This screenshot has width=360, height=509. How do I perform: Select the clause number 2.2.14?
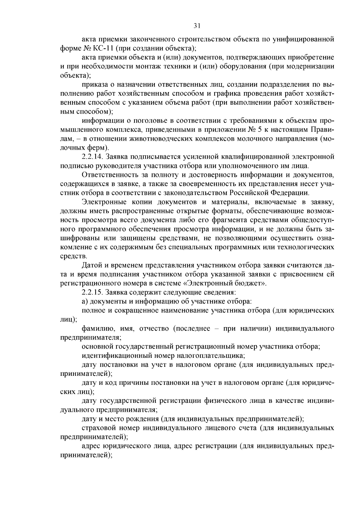[x=91, y=157]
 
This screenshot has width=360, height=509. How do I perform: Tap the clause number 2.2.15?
[x=91, y=292]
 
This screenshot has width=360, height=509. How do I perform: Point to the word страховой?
[x=96, y=427]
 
